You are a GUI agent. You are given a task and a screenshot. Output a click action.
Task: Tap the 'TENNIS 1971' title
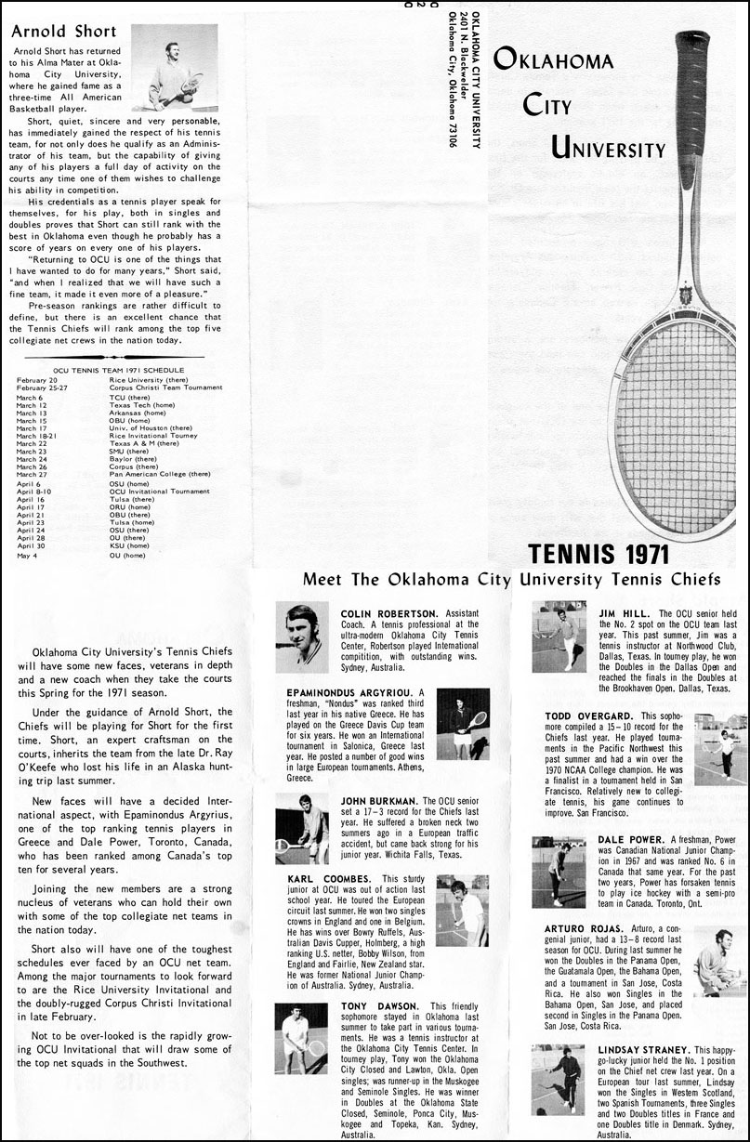coord(599,554)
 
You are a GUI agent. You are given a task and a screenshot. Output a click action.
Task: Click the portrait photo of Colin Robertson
coord(302,637)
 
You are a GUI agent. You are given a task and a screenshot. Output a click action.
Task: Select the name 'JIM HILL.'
coord(625,614)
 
